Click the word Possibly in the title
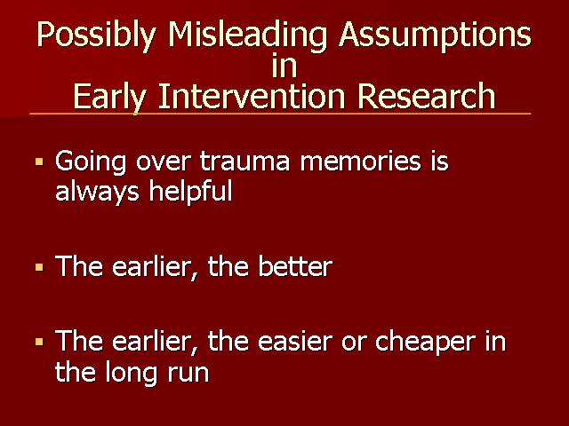point(96,36)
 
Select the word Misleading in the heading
point(247,36)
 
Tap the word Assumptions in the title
point(435,36)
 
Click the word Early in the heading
point(109,97)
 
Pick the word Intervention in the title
point(251,96)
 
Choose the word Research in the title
point(426,96)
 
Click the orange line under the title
point(280,114)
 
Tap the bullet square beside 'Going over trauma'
point(39,162)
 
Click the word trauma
point(245,162)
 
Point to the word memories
point(361,162)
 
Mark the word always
point(97,192)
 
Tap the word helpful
point(191,192)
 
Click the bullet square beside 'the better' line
point(39,268)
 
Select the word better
point(295,267)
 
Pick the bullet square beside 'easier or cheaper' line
point(39,342)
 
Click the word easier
point(295,341)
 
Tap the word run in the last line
point(188,373)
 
